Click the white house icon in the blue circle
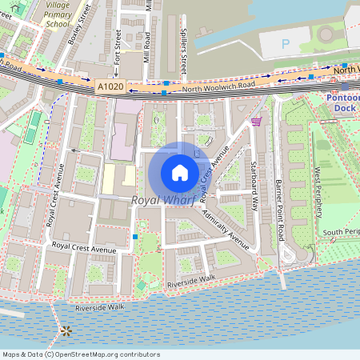pyautogui.click(x=179, y=172)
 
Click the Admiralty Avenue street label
pyautogui.click(x=226, y=226)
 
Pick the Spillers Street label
pyautogui.click(x=182, y=54)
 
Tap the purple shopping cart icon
pyautogui.click(x=256, y=122)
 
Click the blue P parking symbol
pyautogui.click(x=285, y=42)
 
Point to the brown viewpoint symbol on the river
pyautogui.click(x=66, y=330)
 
